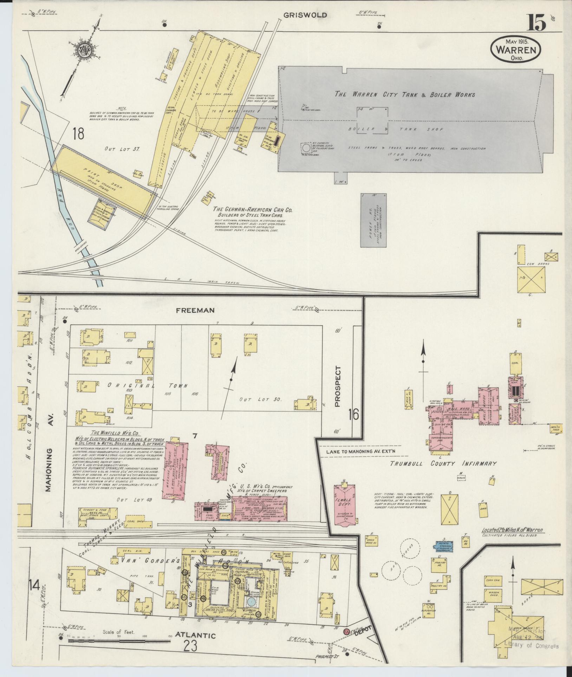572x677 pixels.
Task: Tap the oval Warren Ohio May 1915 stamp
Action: click(x=515, y=50)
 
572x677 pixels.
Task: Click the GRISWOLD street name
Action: click(x=305, y=15)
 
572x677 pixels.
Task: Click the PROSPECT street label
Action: click(x=338, y=386)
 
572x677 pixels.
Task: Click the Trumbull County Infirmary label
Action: click(x=443, y=463)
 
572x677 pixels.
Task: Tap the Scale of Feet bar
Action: click(x=119, y=640)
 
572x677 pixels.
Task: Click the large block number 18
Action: click(x=78, y=134)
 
